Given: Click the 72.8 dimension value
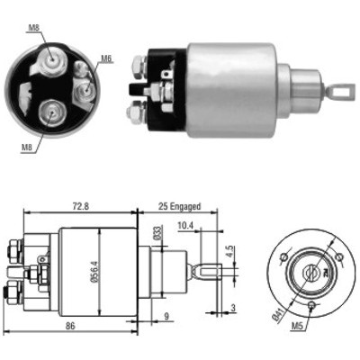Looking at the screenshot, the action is (x=81, y=207).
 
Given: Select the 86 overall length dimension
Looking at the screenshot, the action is (x=70, y=326).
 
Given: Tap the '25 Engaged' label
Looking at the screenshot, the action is (x=179, y=207).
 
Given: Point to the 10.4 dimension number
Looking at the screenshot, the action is (x=185, y=226).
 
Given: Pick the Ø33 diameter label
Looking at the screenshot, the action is (x=158, y=234).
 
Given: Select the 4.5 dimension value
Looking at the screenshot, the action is (x=229, y=251).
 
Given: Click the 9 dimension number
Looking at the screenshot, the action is (x=166, y=317).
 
